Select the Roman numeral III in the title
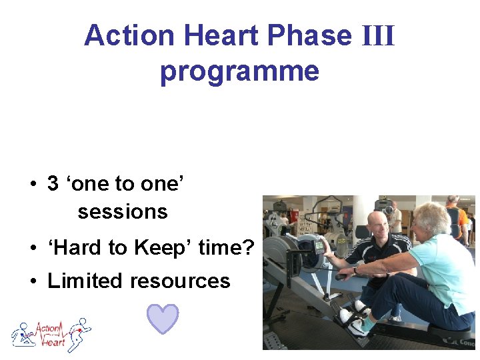[377, 36]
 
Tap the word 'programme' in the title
[239, 71]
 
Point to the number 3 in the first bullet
[53, 184]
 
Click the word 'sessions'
[123, 212]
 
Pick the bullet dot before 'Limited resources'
[33, 281]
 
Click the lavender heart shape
[163, 319]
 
